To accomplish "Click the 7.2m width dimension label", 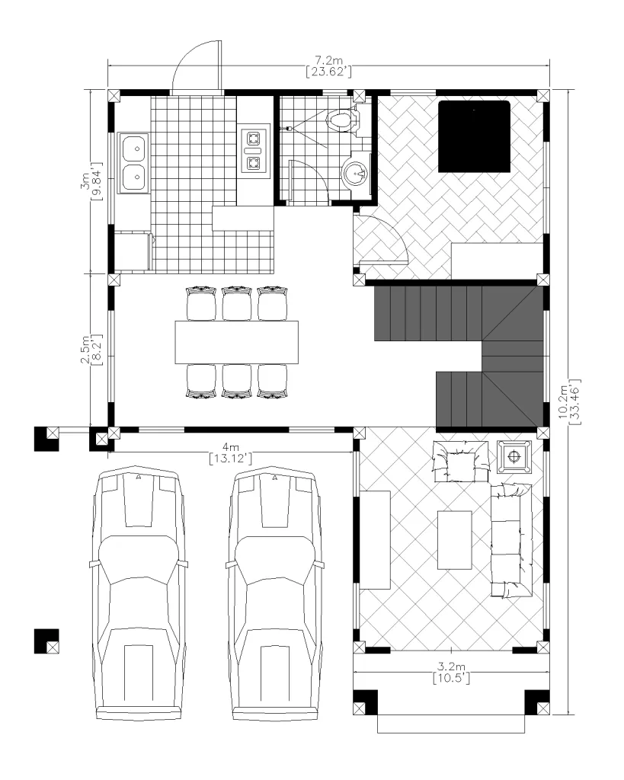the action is tap(328, 61).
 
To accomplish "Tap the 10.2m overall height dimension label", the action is tap(563, 402).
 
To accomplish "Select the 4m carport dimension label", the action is tap(230, 447).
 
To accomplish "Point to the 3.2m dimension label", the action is tap(451, 666).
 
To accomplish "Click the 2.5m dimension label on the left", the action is tap(85, 349).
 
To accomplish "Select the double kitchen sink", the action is tap(133, 163).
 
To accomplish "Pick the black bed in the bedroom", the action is tap(474, 136).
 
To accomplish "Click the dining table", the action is tap(237, 342).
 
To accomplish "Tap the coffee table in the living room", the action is tap(455, 540).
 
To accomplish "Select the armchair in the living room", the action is tap(461, 461).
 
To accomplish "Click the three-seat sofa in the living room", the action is tap(511, 540).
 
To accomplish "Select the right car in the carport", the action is tap(275, 593).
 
